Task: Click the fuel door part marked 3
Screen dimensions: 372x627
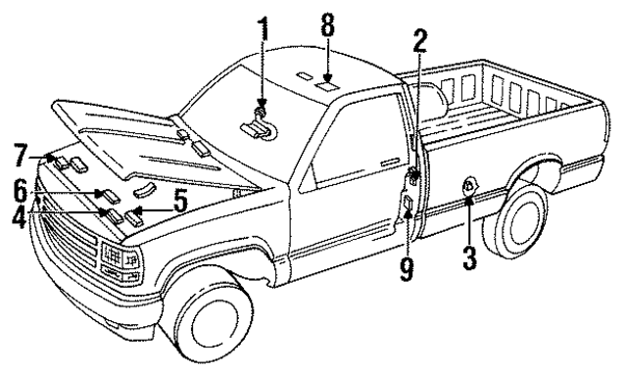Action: [470, 186]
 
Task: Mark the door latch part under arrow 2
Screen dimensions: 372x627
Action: [415, 177]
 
